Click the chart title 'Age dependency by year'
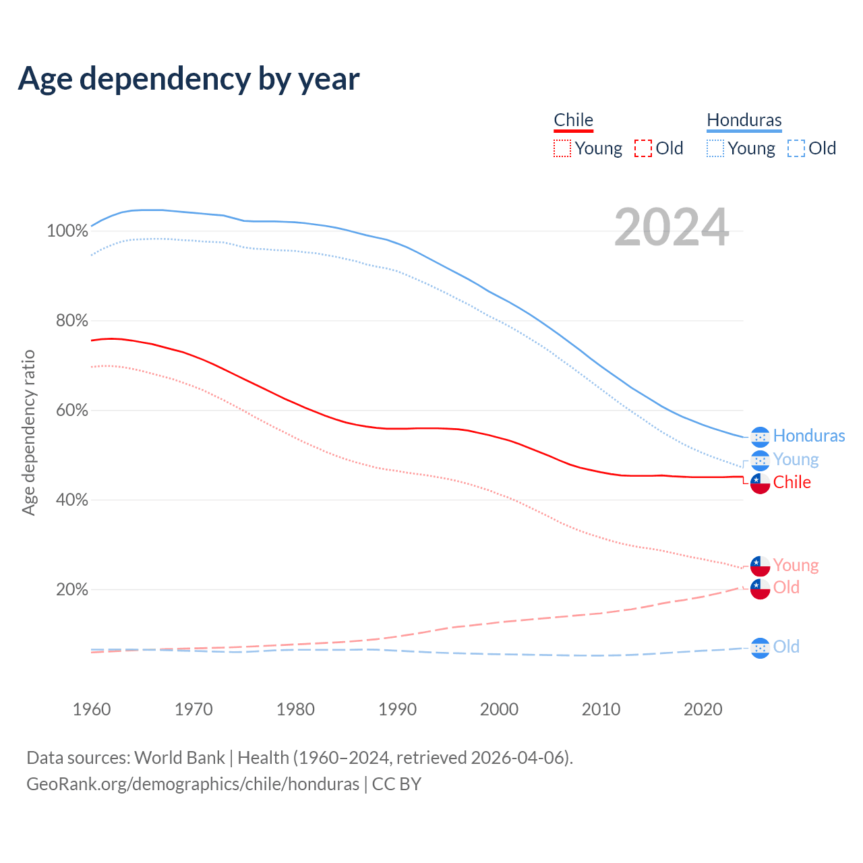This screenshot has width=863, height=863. coord(189,79)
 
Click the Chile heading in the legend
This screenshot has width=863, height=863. coord(573,120)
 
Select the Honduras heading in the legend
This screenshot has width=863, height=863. coord(744,120)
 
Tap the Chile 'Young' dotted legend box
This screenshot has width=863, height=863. coord(562,148)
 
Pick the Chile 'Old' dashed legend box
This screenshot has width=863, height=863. coord(643,148)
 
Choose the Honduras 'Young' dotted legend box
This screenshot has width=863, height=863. coord(715,148)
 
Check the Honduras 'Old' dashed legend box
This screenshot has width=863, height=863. coord(796,148)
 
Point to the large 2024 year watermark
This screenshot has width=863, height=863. coord(672,227)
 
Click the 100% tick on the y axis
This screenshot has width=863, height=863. coord(67,231)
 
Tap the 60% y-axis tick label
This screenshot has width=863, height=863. coord(71,411)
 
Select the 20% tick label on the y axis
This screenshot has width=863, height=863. coord(71,590)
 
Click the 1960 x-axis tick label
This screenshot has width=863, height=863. coord(92,709)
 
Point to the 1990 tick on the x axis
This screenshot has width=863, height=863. coord(397,709)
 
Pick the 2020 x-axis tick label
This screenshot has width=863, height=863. coord(703,709)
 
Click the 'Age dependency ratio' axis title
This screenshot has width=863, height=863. coord(28,432)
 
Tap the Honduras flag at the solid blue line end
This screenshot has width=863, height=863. coord(760,437)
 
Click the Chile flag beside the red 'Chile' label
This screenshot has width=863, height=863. coord(760,483)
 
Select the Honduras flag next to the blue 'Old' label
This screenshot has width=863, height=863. coord(760,647)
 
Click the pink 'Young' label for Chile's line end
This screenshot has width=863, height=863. coord(796,565)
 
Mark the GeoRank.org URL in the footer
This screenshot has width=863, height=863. coord(193,784)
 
